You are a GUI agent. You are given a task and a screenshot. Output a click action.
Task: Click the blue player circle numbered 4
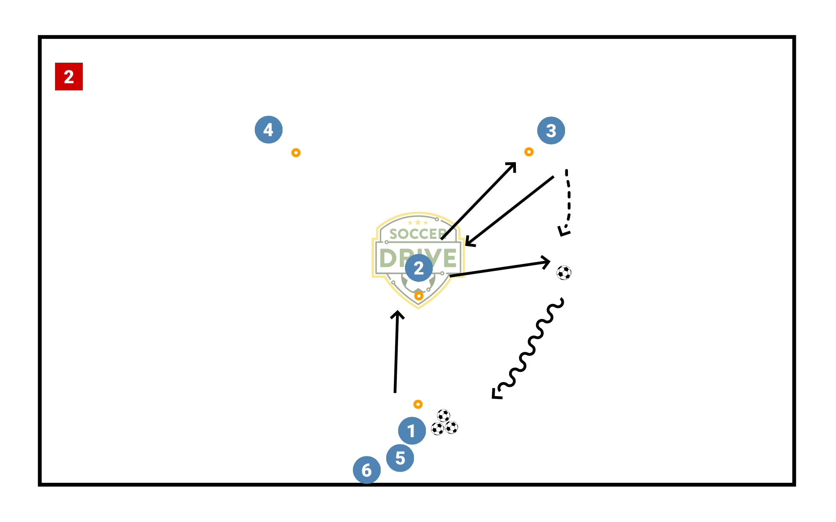pyautogui.click(x=268, y=130)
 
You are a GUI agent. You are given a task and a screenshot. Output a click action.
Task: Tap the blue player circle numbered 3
pyautogui.click(x=551, y=130)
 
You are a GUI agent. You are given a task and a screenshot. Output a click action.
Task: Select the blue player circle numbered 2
pyautogui.click(x=419, y=268)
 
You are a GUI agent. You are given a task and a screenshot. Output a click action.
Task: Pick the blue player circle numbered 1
pyautogui.click(x=412, y=431)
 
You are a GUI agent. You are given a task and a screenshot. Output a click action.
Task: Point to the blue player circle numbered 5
pyautogui.click(x=400, y=458)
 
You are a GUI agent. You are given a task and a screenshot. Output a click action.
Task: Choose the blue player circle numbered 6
pyautogui.click(x=367, y=470)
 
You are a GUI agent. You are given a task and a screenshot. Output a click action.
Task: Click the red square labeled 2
pyautogui.click(x=69, y=77)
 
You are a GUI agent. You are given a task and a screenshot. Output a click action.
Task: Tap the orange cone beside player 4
pyautogui.click(x=296, y=153)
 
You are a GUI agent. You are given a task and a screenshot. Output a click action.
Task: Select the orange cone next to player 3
pyautogui.click(x=529, y=152)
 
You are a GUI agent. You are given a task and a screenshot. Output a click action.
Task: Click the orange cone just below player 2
pyautogui.click(x=419, y=296)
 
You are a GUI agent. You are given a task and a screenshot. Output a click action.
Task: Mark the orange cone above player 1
pyautogui.click(x=418, y=404)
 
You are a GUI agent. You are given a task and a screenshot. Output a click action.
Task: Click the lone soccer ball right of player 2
pyautogui.click(x=564, y=273)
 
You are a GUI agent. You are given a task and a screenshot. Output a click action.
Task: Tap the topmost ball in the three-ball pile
pyautogui.click(x=443, y=415)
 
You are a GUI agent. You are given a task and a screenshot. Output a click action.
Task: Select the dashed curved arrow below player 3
pyautogui.click(x=568, y=200)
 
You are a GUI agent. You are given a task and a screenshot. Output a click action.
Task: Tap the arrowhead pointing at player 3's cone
pyautogui.click(x=512, y=166)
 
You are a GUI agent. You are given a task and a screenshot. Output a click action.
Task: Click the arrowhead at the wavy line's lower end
pyautogui.click(x=496, y=394)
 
